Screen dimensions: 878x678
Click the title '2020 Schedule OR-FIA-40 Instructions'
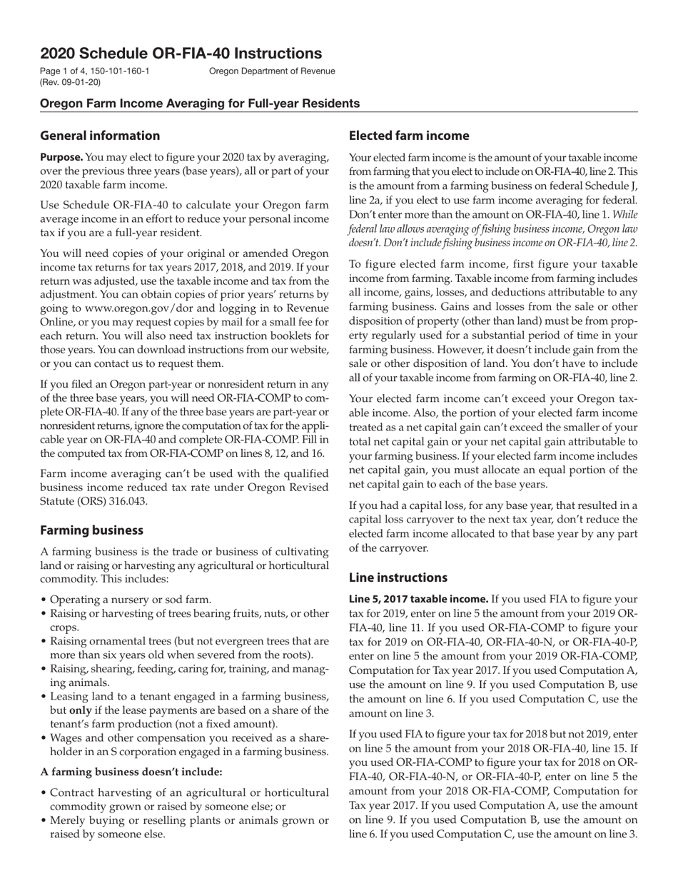coord(181,54)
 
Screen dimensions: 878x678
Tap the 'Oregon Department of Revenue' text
coord(272,71)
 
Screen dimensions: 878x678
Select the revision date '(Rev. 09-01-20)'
coord(71,82)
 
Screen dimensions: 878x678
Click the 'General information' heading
coord(100,136)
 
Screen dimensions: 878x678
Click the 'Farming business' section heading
coord(91,530)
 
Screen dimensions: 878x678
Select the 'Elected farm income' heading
coord(409,136)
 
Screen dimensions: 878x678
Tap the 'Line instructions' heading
coord(398,577)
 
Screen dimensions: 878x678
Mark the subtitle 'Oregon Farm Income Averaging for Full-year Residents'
coord(200,104)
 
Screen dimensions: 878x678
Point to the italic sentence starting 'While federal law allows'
coord(492,229)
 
